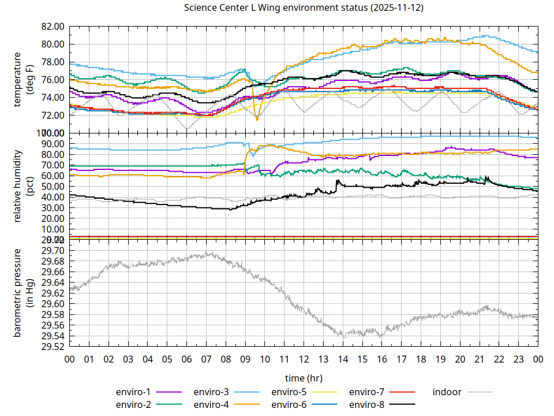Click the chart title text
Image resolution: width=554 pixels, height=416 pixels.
(x=303, y=8)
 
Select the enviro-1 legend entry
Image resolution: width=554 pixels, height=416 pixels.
(x=133, y=392)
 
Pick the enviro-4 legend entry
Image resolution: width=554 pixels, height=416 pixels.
(x=211, y=404)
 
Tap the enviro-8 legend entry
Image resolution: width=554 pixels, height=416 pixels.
(x=367, y=404)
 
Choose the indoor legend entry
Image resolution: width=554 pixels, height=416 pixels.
(x=447, y=392)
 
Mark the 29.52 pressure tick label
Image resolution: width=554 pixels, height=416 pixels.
(x=53, y=347)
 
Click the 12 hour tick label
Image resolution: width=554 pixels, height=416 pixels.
(x=304, y=359)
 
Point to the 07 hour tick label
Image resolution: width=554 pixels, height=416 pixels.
(x=206, y=359)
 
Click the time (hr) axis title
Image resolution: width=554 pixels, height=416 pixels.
(x=304, y=378)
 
